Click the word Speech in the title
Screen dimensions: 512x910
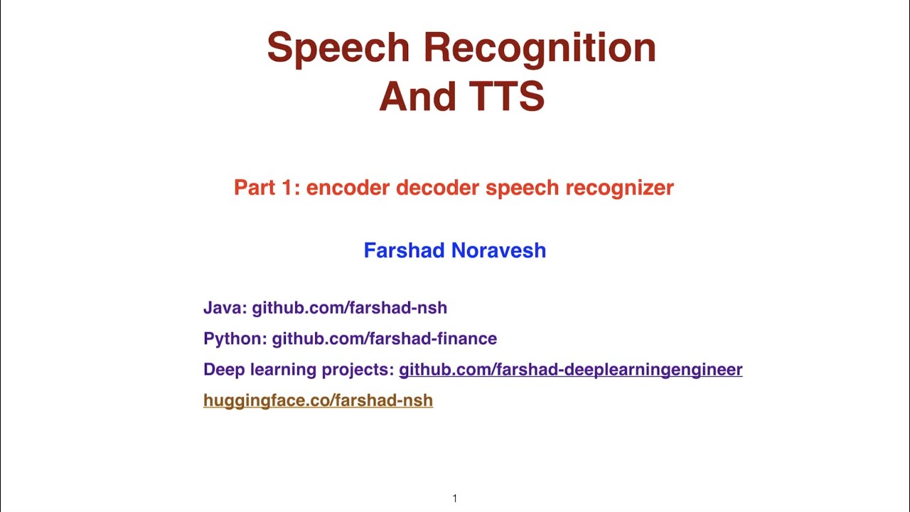(x=338, y=48)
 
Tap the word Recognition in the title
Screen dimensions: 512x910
(x=540, y=48)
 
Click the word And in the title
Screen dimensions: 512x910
(x=415, y=96)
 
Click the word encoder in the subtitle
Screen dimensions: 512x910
(x=348, y=188)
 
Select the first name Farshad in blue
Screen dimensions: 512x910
(x=404, y=250)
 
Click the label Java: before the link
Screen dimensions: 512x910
(x=225, y=308)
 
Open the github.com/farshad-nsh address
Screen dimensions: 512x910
(x=349, y=308)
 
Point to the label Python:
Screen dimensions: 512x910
(x=235, y=338)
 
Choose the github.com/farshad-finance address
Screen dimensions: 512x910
(x=384, y=338)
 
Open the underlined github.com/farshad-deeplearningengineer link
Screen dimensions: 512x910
(x=570, y=370)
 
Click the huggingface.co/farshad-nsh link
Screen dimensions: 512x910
(x=318, y=400)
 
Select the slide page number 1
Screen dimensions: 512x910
(x=454, y=498)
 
